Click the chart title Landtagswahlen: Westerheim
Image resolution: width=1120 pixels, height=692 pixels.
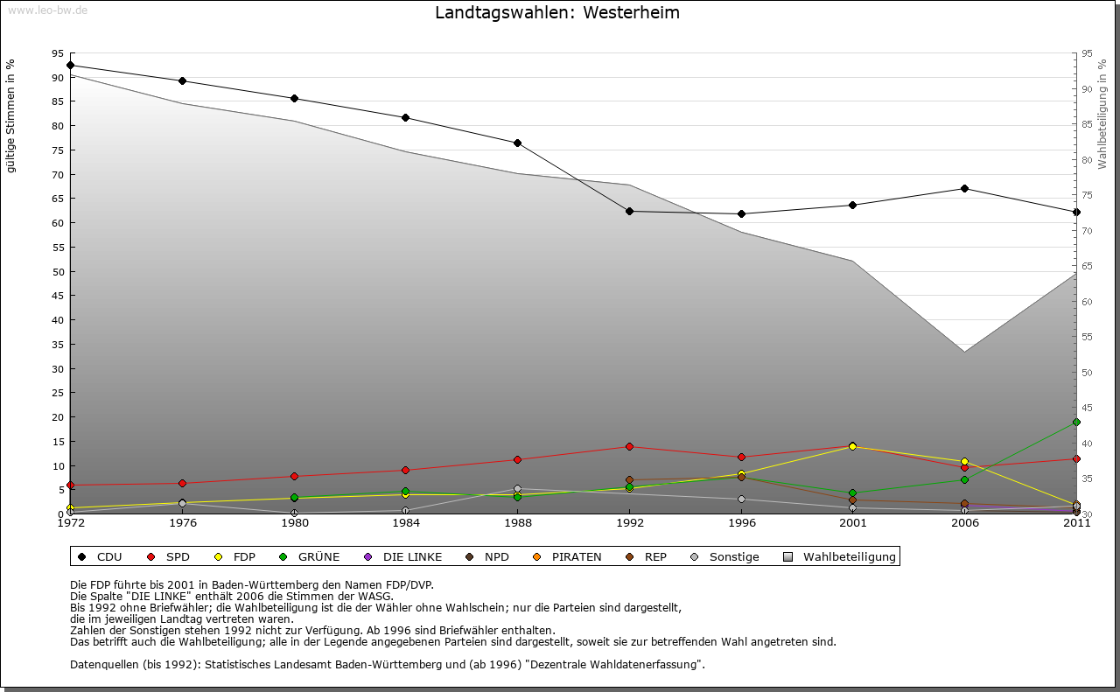point(557,13)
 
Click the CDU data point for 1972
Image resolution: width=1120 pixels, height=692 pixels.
point(71,65)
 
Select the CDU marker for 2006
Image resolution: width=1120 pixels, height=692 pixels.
point(964,188)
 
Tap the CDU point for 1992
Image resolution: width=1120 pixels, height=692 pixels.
point(629,211)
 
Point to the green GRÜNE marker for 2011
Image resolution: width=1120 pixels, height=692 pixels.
point(1076,423)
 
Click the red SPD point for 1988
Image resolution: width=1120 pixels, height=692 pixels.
point(518,459)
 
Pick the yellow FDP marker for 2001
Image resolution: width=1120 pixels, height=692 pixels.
point(853,446)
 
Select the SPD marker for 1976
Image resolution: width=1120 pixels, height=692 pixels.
point(182,483)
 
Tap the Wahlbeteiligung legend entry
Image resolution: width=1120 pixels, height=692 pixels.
point(839,556)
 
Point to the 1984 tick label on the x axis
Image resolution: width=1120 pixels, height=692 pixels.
point(406,524)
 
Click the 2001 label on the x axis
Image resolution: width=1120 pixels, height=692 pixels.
point(853,524)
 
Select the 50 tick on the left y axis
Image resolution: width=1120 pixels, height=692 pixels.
point(58,271)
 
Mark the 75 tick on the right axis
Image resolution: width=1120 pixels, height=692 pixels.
point(1088,195)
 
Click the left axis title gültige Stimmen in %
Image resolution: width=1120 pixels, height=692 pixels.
point(11,116)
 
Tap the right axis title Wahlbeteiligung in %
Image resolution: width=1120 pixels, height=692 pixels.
point(1102,114)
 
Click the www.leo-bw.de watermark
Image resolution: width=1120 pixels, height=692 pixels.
point(47,10)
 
